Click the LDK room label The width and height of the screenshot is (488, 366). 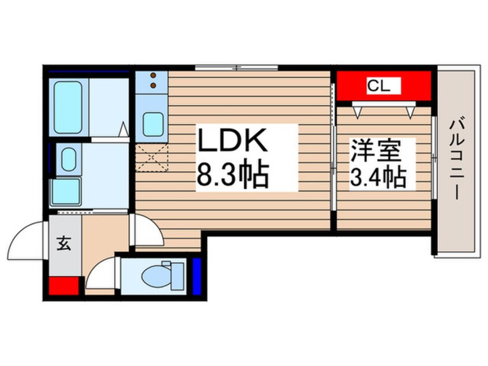coord(232,140)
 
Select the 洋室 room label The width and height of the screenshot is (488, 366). coord(376,151)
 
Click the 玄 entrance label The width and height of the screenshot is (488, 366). coord(63,243)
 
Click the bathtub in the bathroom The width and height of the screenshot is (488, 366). coord(68,107)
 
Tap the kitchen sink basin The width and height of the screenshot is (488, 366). coord(153,124)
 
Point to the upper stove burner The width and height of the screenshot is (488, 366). coord(153,75)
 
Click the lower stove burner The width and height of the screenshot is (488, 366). coord(153,85)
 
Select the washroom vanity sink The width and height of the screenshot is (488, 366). coord(69,159)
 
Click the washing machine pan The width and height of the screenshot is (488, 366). coord(66,192)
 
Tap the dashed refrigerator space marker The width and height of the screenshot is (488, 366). coord(152,158)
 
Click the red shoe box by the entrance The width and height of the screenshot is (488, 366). coord(64,286)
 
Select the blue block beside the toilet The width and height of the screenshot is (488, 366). coord(197,277)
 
